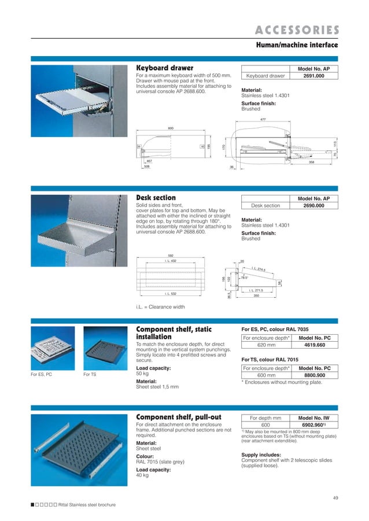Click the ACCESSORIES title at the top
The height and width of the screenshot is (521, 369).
(297, 30)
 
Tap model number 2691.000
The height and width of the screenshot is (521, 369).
(314, 76)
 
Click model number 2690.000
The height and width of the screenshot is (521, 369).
(314, 205)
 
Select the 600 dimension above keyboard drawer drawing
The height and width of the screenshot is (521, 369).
(171, 127)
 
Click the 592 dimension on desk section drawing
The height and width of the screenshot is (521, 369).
(171, 255)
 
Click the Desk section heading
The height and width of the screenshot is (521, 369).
(156, 198)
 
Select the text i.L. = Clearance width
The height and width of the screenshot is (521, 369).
(160, 306)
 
